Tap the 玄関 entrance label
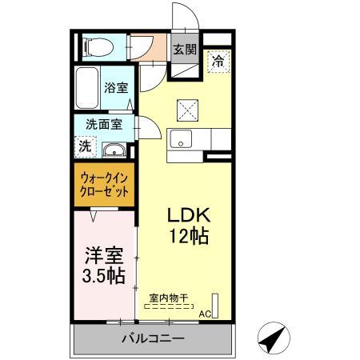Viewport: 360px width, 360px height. click(186, 49)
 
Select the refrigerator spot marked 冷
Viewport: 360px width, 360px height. click(218, 59)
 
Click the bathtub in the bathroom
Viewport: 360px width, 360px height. click(87, 90)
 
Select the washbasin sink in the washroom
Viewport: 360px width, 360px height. click(114, 150)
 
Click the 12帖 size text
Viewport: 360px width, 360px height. click(188, 236)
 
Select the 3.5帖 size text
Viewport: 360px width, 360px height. click(104, 277)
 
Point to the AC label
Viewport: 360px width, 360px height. click(204, 314)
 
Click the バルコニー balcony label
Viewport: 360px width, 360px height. click(154, 339)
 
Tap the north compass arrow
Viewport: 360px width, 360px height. click(272, 337)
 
